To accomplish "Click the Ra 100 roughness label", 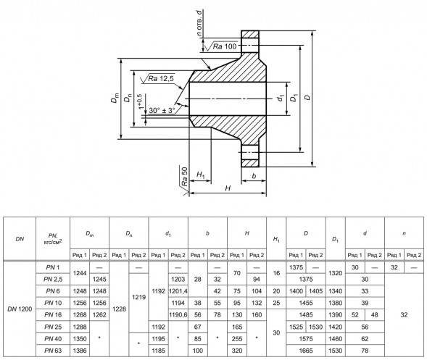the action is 225,46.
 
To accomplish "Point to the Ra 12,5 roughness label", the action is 161,79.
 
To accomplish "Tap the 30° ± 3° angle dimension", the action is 162,110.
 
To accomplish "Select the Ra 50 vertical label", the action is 185,176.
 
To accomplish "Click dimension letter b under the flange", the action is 254,176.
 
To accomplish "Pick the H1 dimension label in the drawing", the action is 200,175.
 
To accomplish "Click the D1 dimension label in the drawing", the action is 294,97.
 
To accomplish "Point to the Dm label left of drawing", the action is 115,98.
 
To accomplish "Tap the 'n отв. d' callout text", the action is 199,23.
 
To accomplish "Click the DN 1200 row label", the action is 20,309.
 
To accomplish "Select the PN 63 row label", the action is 53,351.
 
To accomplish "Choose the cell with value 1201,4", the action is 178,291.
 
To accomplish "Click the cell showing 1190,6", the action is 178,315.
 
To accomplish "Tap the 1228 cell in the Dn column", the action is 119,309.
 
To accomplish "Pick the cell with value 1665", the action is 306,351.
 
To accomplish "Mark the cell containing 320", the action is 237,351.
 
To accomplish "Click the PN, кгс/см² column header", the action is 53,238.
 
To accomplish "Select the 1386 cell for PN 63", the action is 80,351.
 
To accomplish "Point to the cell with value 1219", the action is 139,297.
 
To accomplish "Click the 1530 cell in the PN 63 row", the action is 335,351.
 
